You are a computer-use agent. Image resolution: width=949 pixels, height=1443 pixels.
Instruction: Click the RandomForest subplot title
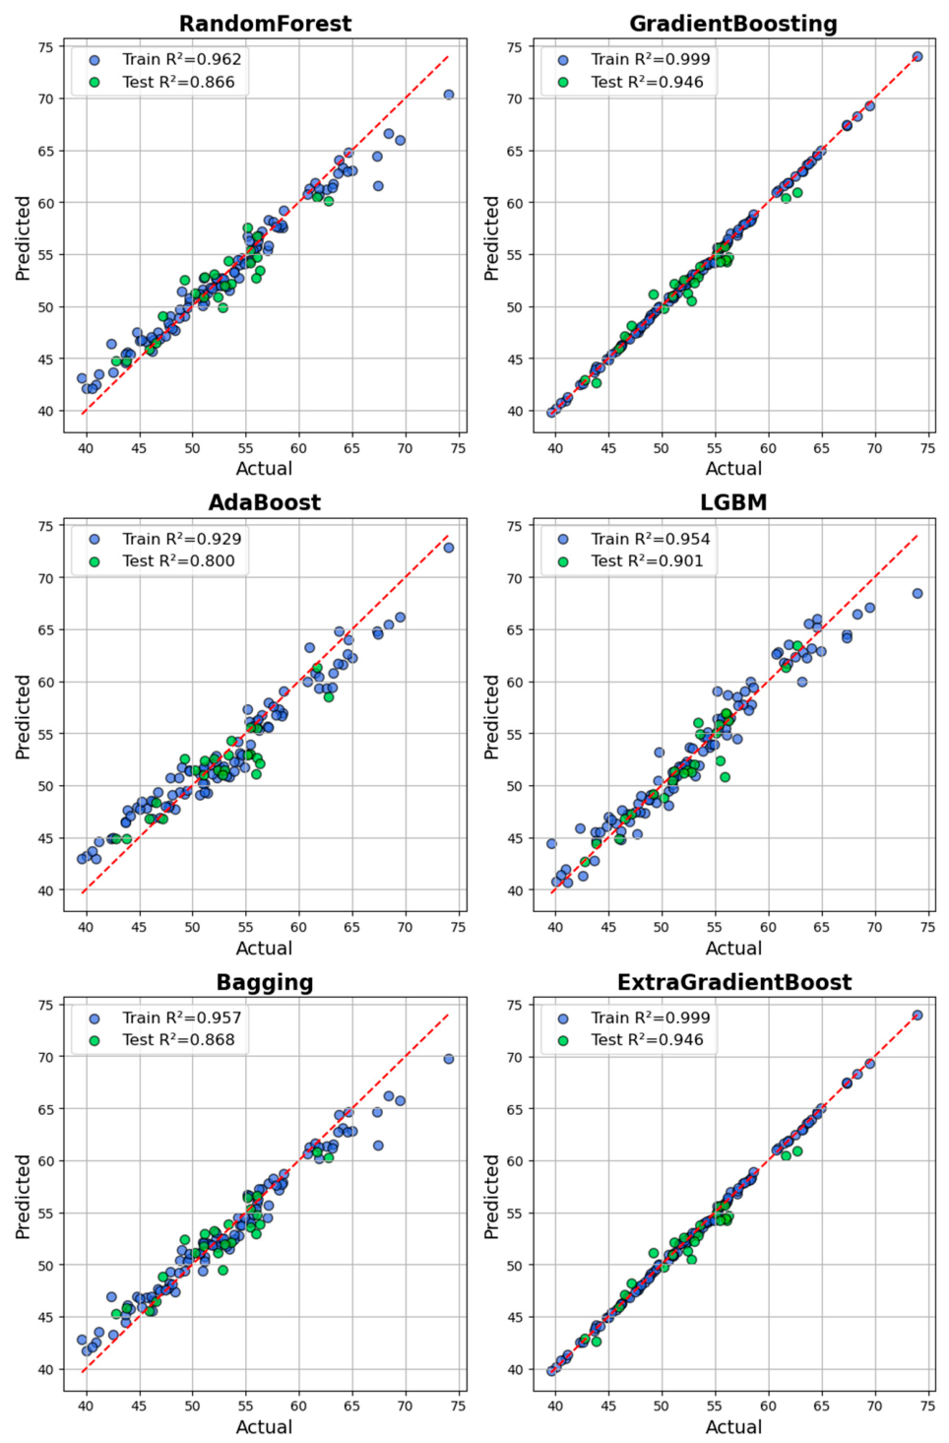[265, 24]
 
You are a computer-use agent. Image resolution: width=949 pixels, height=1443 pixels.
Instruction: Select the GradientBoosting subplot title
[733, 24]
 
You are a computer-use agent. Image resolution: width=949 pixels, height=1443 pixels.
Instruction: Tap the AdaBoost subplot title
[265, 502]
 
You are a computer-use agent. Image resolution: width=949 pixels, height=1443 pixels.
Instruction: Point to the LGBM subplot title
[733, 502]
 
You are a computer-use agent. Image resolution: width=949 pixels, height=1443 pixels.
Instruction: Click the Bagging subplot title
[265, 982]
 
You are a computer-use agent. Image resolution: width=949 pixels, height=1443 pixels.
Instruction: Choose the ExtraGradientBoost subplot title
[734, 982]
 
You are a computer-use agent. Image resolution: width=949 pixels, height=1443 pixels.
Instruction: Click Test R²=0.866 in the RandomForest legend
[178, 82]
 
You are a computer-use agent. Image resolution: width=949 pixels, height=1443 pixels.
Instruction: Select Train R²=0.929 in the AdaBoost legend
[181, 539]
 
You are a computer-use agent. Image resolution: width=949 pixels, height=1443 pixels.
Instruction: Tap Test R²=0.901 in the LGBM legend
[647, 561]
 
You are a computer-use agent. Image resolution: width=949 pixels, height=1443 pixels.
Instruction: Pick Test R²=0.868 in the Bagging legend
[178, 1040]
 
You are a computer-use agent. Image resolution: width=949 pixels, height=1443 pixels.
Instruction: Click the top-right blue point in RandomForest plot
[449, 95]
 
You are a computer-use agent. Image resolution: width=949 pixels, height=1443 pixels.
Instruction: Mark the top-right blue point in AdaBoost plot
[449, 548]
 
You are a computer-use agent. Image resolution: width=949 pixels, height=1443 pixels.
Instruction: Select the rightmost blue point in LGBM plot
[917, 593]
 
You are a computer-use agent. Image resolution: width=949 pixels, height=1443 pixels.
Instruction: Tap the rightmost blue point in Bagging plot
[449, 1059]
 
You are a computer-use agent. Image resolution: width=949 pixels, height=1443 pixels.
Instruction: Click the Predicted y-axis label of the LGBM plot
[492, 717]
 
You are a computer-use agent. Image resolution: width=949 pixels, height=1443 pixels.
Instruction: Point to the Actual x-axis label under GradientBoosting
[733, 468]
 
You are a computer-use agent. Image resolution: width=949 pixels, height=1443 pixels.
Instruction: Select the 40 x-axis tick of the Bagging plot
[86, 1405]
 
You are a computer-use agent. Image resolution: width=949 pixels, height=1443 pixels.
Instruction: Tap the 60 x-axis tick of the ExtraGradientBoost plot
[768, 1405]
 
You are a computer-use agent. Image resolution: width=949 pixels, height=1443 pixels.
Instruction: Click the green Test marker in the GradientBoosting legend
[563, 82]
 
